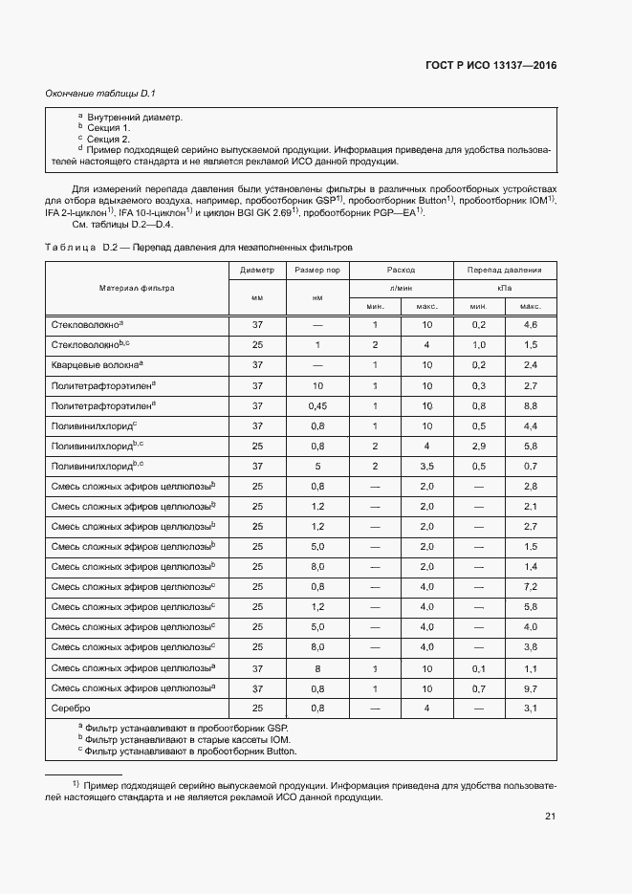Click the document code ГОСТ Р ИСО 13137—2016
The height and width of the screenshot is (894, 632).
coord(490,66)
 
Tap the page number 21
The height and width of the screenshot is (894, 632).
coord(550,816)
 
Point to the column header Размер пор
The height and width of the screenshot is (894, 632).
coord(317,271)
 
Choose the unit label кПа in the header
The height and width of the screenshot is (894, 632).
coord(504,288)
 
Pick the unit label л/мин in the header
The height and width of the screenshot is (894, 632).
coord(401,288)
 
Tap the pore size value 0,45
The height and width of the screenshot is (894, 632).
coord(317,405)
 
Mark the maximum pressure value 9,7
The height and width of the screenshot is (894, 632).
coord(531,687)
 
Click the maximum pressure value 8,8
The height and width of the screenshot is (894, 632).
coord(531,405)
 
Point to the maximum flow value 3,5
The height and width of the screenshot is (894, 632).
coord(426,466)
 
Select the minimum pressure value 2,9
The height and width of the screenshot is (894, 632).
coord(479,446)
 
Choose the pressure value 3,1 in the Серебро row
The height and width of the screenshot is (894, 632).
coord(531,708)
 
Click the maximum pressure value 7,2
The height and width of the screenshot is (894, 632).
coord(531,586)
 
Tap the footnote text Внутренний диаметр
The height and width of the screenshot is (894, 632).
coord(134,117)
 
